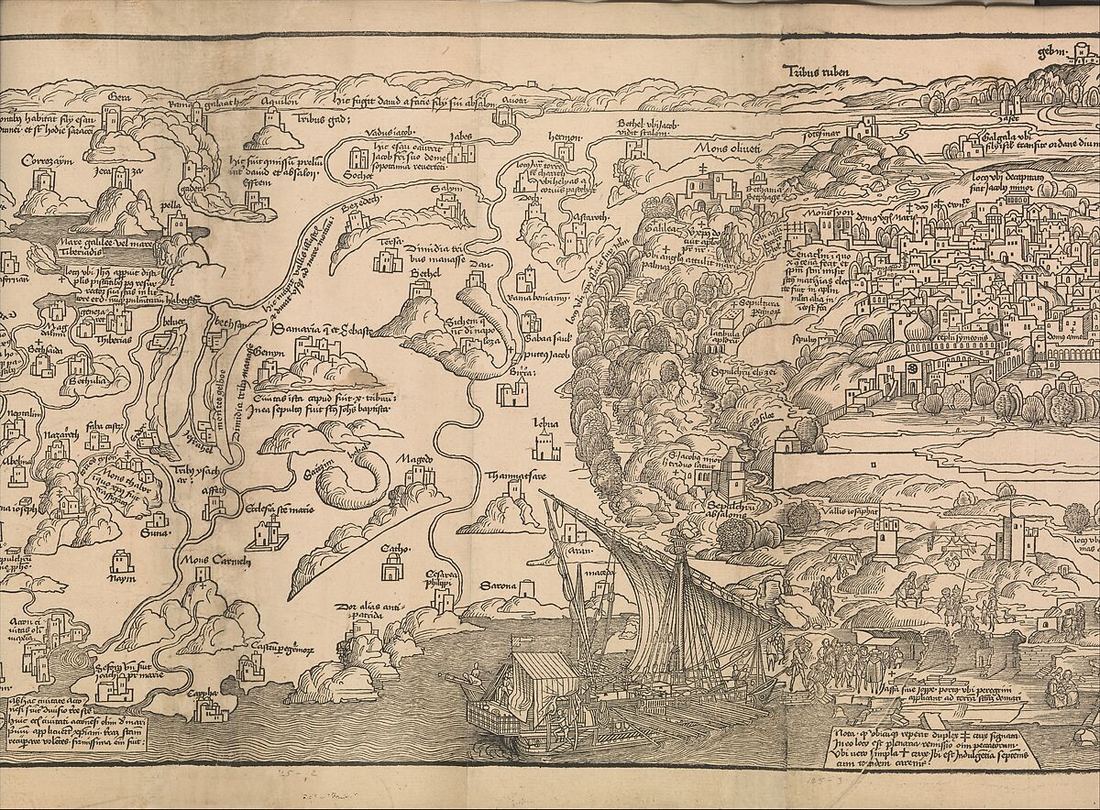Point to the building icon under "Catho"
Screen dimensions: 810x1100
[x=394, y=573]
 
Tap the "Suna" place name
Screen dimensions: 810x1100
[x=148, y=529]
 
